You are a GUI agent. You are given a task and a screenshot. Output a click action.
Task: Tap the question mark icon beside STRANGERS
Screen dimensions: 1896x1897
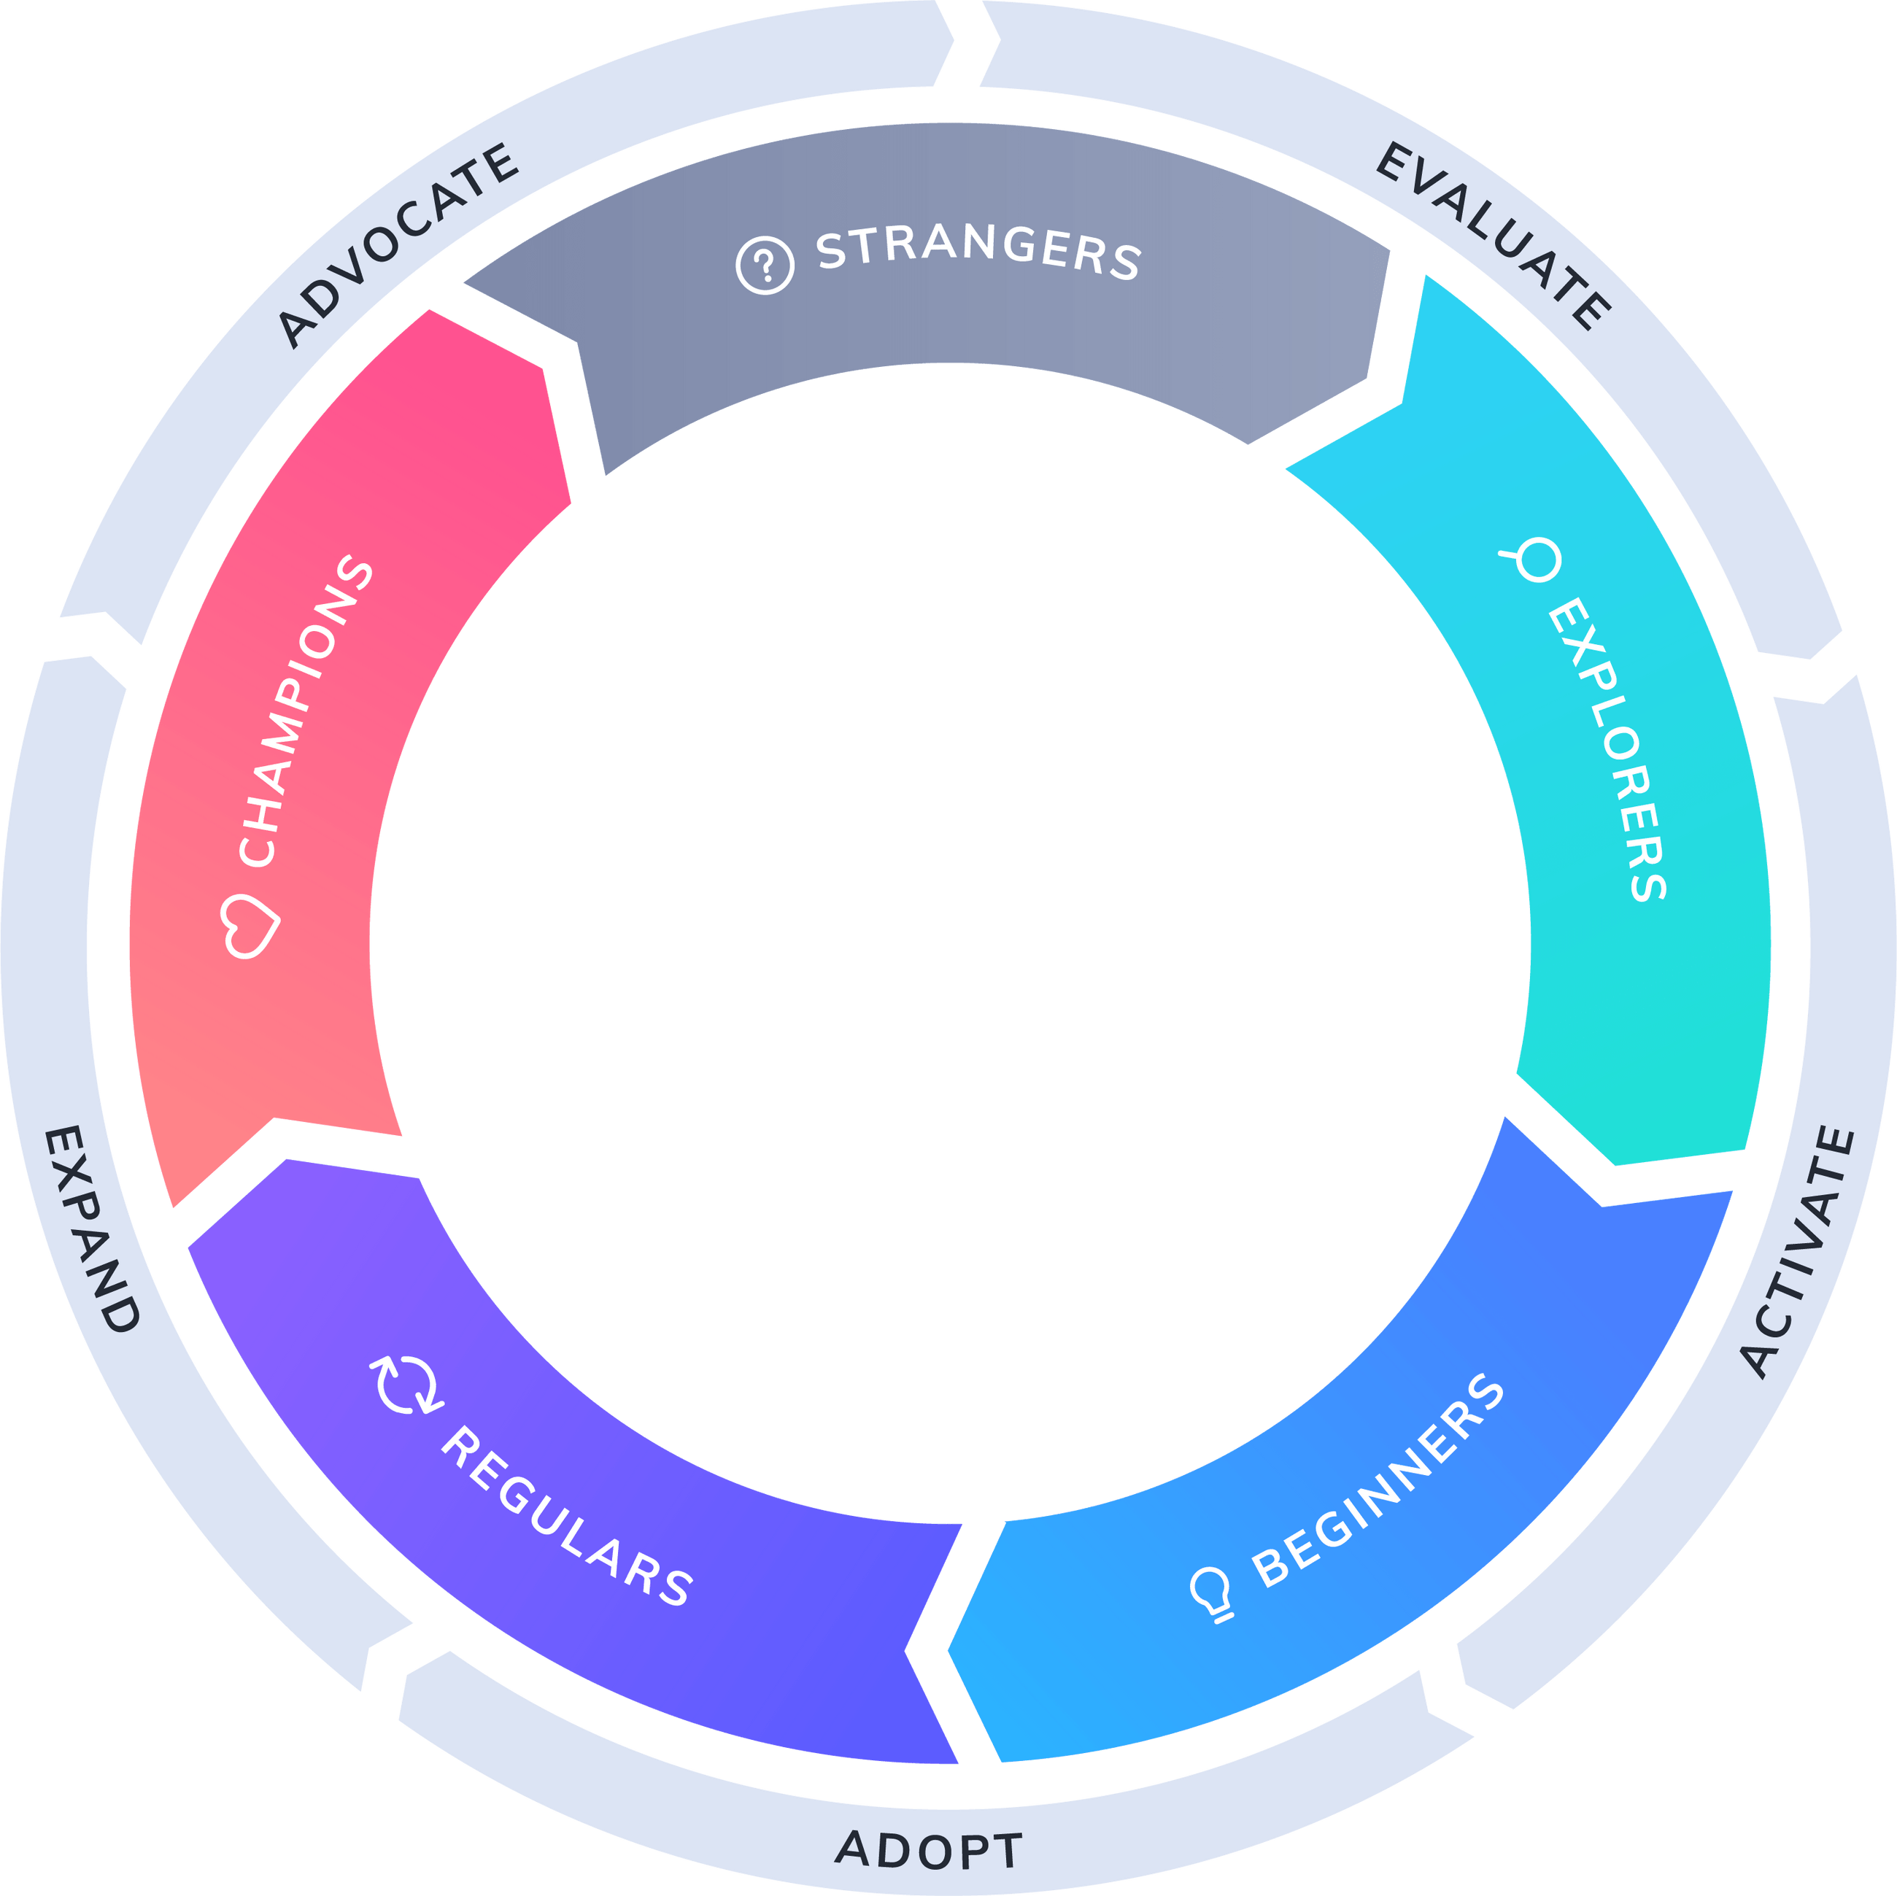click(x=765, y=264)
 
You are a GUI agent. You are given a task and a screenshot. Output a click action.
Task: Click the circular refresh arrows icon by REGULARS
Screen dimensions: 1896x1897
click(x=406, y=1385)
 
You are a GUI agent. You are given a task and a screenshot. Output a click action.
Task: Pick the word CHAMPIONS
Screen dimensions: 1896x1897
click(x=304, y=712)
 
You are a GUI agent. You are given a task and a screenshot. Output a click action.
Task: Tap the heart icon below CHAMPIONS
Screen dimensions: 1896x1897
click(x=250, y=925)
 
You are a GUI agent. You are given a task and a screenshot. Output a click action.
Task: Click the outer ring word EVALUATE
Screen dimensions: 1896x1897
click(x=1493, y=236)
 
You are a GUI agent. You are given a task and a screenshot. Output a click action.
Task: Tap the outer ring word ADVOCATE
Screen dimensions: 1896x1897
click(x=398, y=245)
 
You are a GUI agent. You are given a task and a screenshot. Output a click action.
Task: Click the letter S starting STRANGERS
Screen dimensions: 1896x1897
click(x=831, y=252)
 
